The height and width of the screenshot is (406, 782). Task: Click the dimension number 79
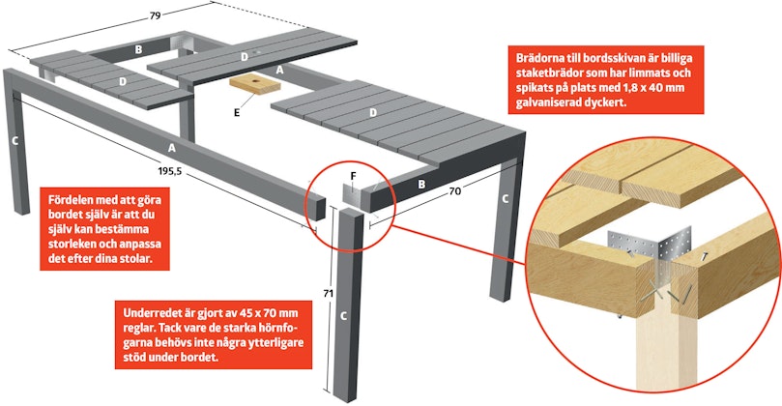pos(155,16)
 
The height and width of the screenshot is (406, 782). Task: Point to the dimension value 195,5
pos(170,171)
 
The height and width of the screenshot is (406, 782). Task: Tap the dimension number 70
pos(455,190)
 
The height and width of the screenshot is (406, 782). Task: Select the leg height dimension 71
pos(328,294)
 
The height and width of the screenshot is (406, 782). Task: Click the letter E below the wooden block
pos(237,113)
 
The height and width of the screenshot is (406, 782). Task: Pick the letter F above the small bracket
pos(353,176)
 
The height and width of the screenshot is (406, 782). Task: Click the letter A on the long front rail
pos(172,148)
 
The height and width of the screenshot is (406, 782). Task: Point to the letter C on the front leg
pos(343,316)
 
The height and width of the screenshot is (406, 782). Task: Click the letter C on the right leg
pos(506,199)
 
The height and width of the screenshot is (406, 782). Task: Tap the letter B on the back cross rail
pos(138,49)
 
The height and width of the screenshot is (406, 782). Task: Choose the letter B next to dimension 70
pos(421,185)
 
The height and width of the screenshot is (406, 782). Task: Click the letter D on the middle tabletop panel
pos(245,57)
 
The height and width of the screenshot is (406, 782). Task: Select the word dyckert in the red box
pos(604,102)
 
